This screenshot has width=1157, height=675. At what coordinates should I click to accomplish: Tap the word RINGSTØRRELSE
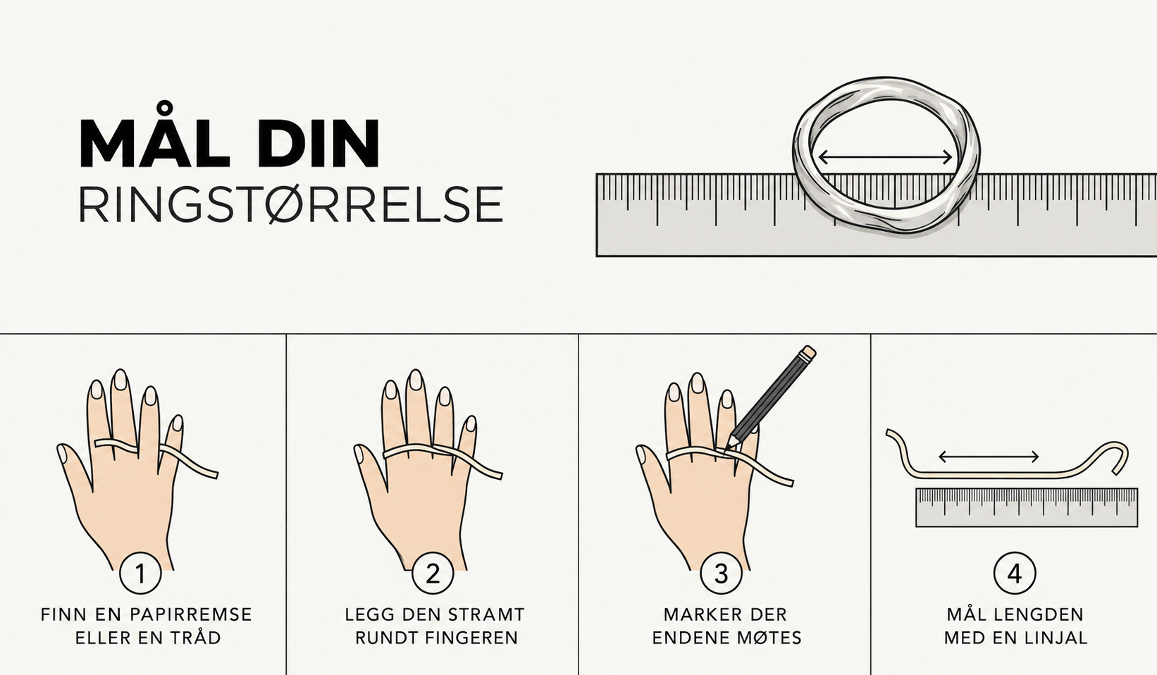pos(291,204)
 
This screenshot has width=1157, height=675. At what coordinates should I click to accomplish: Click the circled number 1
pos(140,574)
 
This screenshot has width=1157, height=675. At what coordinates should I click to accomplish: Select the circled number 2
pos(433,574)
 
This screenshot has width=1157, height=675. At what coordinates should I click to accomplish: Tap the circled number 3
pos(721,574)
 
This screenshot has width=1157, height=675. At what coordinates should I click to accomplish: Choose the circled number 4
pos(1015,574)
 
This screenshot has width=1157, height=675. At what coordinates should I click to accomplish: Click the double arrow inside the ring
pos(885,157)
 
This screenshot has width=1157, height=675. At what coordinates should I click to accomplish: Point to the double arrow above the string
pos(989,457)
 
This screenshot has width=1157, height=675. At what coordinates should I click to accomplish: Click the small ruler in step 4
pos(1027,507)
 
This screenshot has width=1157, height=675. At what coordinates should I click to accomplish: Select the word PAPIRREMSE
pos(190,614)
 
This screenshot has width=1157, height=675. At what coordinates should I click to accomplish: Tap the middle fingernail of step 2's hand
pos(415,379)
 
